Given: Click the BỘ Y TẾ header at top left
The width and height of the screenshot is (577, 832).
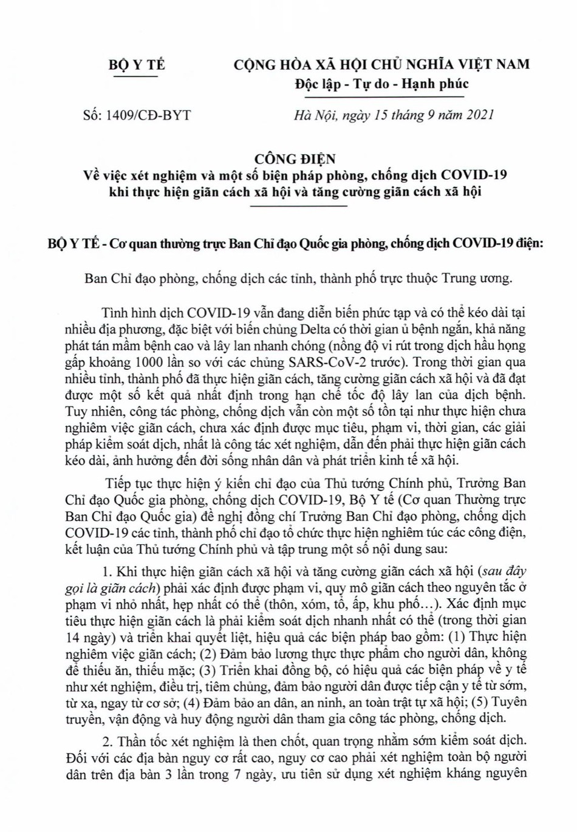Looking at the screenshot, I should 137,65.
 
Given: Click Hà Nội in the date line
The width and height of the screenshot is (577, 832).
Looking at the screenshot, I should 315,115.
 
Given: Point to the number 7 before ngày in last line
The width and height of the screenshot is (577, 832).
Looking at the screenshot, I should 224,774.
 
